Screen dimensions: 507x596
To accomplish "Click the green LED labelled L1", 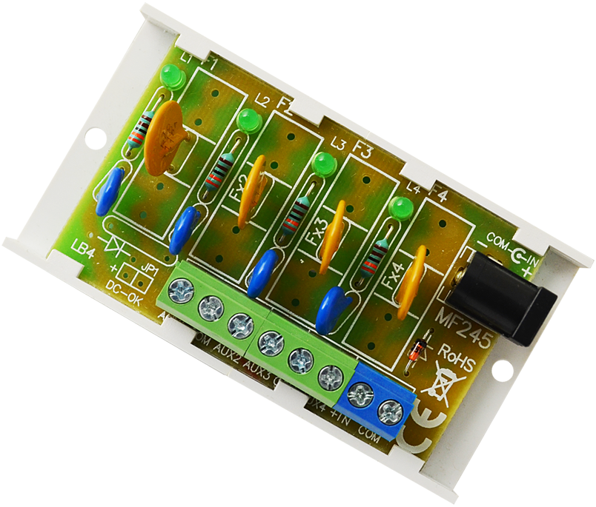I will [172, 76].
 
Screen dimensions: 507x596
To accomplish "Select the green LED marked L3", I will [322, 164].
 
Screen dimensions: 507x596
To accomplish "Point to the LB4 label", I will [82, 246].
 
